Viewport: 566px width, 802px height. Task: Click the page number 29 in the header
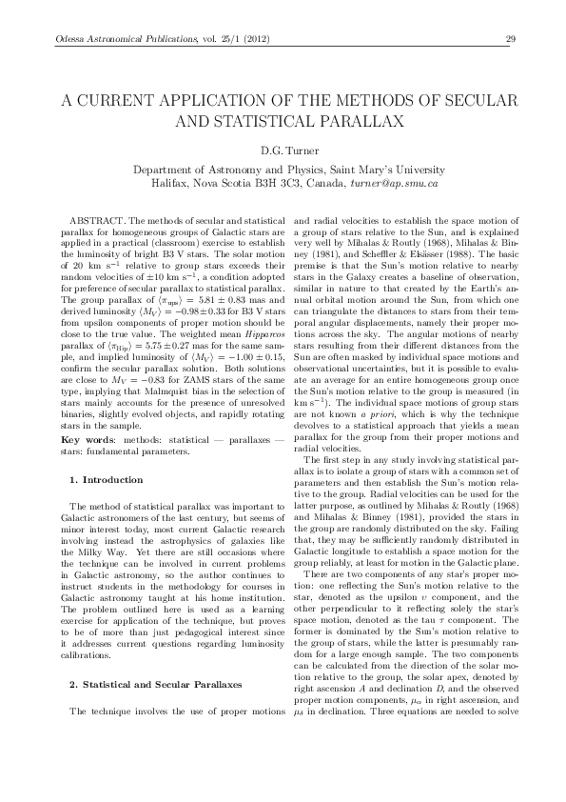[x=510, y=39]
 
